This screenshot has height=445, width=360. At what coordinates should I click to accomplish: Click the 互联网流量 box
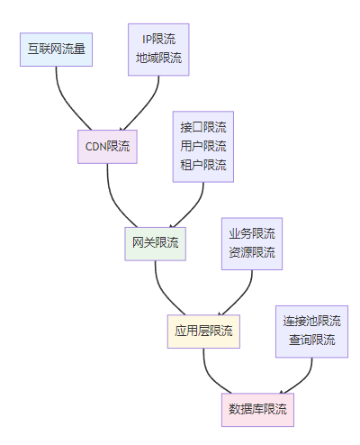click(x=56, y=50)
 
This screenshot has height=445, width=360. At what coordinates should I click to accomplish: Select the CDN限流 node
click(x=107, y=147)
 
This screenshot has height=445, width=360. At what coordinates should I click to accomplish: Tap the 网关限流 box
click(x=156, y=244)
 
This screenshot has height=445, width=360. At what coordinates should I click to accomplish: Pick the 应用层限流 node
click(x=203, y=331)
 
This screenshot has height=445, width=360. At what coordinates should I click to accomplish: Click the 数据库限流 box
click(x=257, y=410)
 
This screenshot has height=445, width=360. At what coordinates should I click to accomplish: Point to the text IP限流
click(x=158, y=40)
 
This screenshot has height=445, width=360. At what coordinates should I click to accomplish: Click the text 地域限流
click(x=158, y=58)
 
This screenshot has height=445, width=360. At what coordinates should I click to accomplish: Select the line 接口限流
click(x=203, y=127)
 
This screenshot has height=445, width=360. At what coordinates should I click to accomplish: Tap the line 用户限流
click(x=203, y=146)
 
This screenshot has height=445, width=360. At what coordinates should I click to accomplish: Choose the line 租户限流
click(x=203, y=165)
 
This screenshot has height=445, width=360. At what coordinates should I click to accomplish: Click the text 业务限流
click(x=252, y=233)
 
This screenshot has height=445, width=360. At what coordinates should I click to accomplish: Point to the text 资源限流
click(x=252, y=252)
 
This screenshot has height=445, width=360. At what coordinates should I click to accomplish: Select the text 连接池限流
click(x=312, y=322)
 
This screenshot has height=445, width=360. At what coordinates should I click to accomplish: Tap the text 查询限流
click(x=312, y=341)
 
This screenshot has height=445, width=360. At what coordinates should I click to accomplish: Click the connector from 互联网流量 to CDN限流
click(x=67, y=102)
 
